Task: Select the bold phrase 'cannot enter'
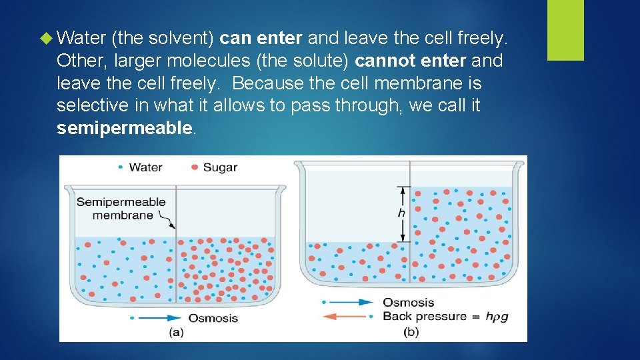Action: coord(411,61)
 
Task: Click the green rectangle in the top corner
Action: coord(565,30)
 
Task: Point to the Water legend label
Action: coord(145,167)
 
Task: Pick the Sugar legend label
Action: coord(220,167)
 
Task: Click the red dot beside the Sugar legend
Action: coord(195,167)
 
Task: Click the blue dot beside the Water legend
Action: coord(120,167)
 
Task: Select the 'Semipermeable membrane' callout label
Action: coord(121,208)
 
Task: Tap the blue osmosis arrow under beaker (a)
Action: coord(156,318)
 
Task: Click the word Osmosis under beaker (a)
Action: coord(213,318)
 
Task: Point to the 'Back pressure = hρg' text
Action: coord(445,317)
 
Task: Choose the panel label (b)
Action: coord(411,332)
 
